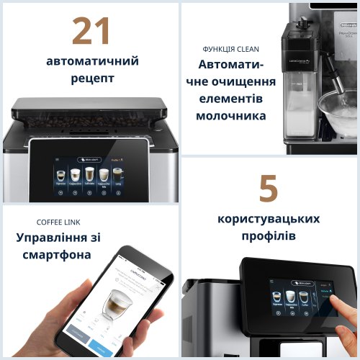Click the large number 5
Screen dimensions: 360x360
point(268,189)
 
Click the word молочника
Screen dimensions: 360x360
point(232,115)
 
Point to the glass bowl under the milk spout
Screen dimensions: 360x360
point(338,108)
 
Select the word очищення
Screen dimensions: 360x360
point(251,81)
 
